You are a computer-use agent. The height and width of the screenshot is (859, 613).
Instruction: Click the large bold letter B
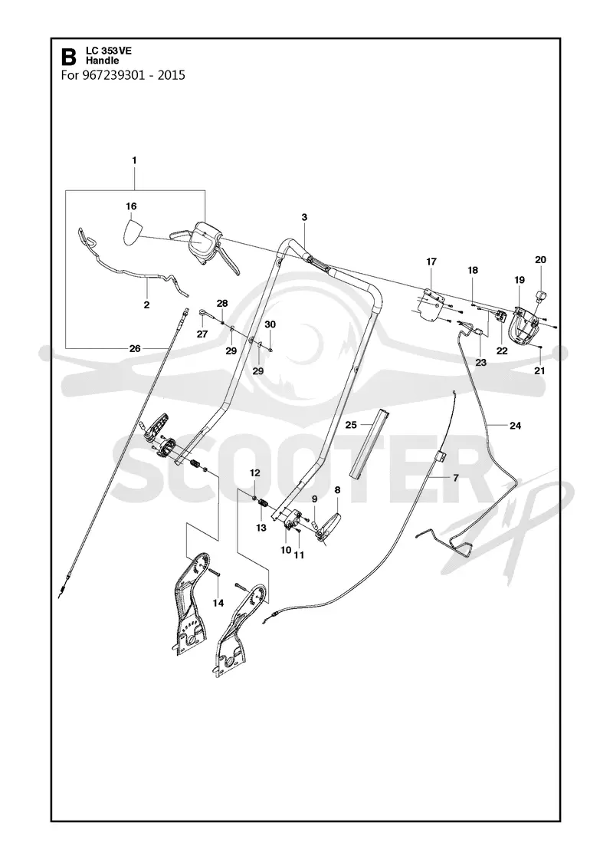[x=68, y=57]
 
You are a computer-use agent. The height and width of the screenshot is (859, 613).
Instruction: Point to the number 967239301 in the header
[x=114, y=74]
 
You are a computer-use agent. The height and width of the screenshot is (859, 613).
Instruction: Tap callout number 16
[x=131, y=206]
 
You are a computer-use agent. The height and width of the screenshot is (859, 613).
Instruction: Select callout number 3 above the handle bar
[x=304, y=217]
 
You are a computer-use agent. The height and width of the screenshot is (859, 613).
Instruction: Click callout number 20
[x=540, y=260]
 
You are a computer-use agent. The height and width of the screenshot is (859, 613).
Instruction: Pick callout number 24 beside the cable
[x=515, y=425]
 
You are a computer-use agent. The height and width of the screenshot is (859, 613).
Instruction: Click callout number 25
[x=351, y=425]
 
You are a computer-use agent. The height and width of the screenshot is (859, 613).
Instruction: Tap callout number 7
[x=455, y=478]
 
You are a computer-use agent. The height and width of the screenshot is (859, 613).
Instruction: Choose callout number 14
[x=218, y=603]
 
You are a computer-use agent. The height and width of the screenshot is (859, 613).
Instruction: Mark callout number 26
[x=135, y=348]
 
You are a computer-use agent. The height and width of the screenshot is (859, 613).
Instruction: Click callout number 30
[x=270, y=324]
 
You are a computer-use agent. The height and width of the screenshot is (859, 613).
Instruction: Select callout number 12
[x=255, y=472]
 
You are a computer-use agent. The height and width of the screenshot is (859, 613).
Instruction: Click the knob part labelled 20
[x=539, y=296]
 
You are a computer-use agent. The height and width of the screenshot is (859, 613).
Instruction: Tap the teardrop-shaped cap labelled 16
[x=131, y=231]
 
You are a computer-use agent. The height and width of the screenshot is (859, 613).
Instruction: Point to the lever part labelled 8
[x=330, y=526]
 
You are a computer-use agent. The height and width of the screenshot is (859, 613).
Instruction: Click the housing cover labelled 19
[x=524, y=327]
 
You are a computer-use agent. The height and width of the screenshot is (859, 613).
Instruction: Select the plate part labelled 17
[x=429, y=304]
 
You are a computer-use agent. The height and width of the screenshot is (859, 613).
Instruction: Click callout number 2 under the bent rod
[x=146, y=305]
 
